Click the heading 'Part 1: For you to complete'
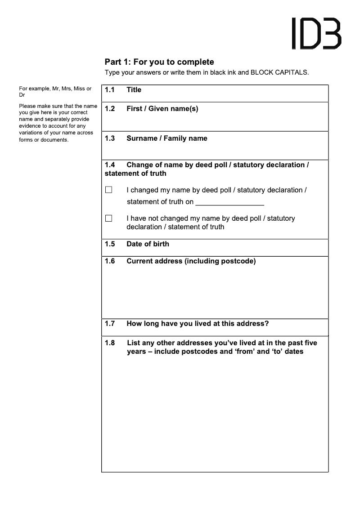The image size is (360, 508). (159, 62)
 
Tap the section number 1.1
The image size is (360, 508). (110, 90)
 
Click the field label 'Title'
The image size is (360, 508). (134, 90)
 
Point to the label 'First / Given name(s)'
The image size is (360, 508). (162, 109)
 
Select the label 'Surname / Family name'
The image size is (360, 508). (166, 138)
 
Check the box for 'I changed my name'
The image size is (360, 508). (108, 190)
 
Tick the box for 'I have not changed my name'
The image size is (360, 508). (108, 218)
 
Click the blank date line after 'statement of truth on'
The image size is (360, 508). (229, 202)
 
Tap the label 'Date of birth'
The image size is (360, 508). (148, 244)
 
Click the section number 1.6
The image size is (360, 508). (110, 261)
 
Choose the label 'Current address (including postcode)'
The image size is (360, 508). (191, 261)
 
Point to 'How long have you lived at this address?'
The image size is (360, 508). (198, 324)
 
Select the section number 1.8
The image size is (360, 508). (110, 343)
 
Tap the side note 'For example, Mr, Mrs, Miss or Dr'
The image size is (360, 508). (55, 92)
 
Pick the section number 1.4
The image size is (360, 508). (110, 165)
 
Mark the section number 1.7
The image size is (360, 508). (110, 324)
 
